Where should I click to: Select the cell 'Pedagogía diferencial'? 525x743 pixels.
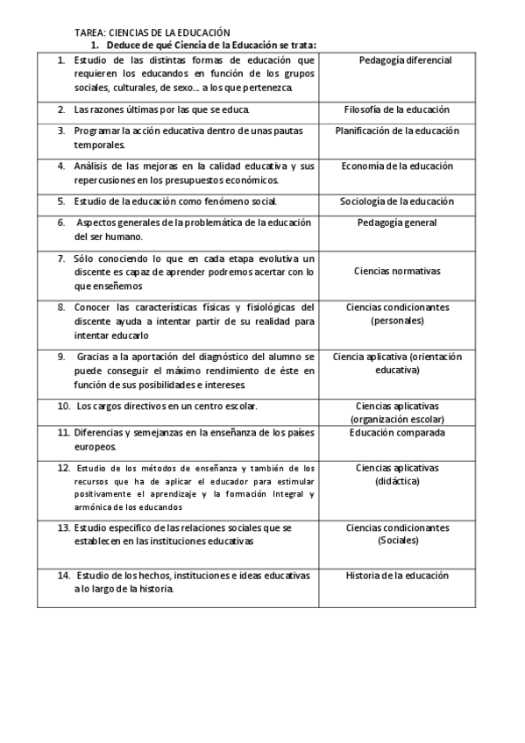(x=405, y=60)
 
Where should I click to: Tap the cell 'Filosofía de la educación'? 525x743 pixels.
(x=397, y=110)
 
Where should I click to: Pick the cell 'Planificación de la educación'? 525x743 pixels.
(x=397, y=131)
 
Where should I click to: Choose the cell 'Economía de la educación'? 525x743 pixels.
(x=397, y=166)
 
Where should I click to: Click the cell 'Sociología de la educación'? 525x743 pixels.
(x=397, y=202)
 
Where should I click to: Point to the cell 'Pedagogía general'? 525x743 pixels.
(x=397, y=223)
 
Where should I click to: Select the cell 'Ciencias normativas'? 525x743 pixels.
(x=397, y=272)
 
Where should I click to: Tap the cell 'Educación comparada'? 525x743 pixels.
(x=397, y=433)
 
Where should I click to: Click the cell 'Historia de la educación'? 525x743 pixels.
(x=397, y=576)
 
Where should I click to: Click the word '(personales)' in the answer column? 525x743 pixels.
(x=397, y=321)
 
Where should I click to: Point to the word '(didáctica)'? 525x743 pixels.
(x=397, y=481)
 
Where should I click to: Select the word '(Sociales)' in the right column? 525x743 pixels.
(x=397, y=541)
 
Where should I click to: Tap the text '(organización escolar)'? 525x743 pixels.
(x=397, y=419)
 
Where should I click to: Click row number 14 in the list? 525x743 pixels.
(x=63, y=576)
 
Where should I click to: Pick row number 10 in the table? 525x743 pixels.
(x=63, y=407)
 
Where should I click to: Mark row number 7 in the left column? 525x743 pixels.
(x=61, y=258)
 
